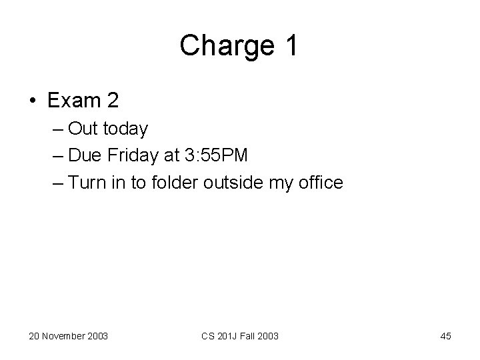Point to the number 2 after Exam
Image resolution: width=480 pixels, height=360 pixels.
[x=111, y=101]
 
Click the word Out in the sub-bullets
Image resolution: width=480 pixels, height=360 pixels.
[x=82, y=128]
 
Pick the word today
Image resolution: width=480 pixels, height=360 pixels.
[x=125, y=128]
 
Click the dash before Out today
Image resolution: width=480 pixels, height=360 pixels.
[x=58, y=129]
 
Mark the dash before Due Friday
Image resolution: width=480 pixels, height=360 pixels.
[x=58, y=155]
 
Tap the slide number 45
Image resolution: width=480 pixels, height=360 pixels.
[x=445, y=336]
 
